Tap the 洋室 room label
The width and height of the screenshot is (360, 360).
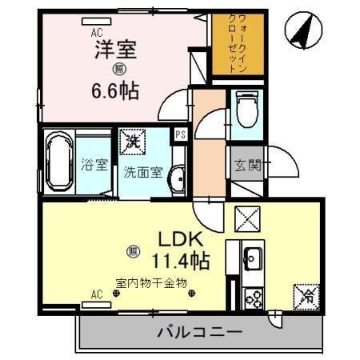[116, 50]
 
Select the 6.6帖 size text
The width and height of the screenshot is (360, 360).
[116, 90]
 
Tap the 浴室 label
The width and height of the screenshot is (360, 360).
[94, 166]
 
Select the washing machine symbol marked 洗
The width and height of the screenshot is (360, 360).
[134, 142]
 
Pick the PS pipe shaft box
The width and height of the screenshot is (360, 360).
[181, 134]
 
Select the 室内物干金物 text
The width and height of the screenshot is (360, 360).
[151, 282]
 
